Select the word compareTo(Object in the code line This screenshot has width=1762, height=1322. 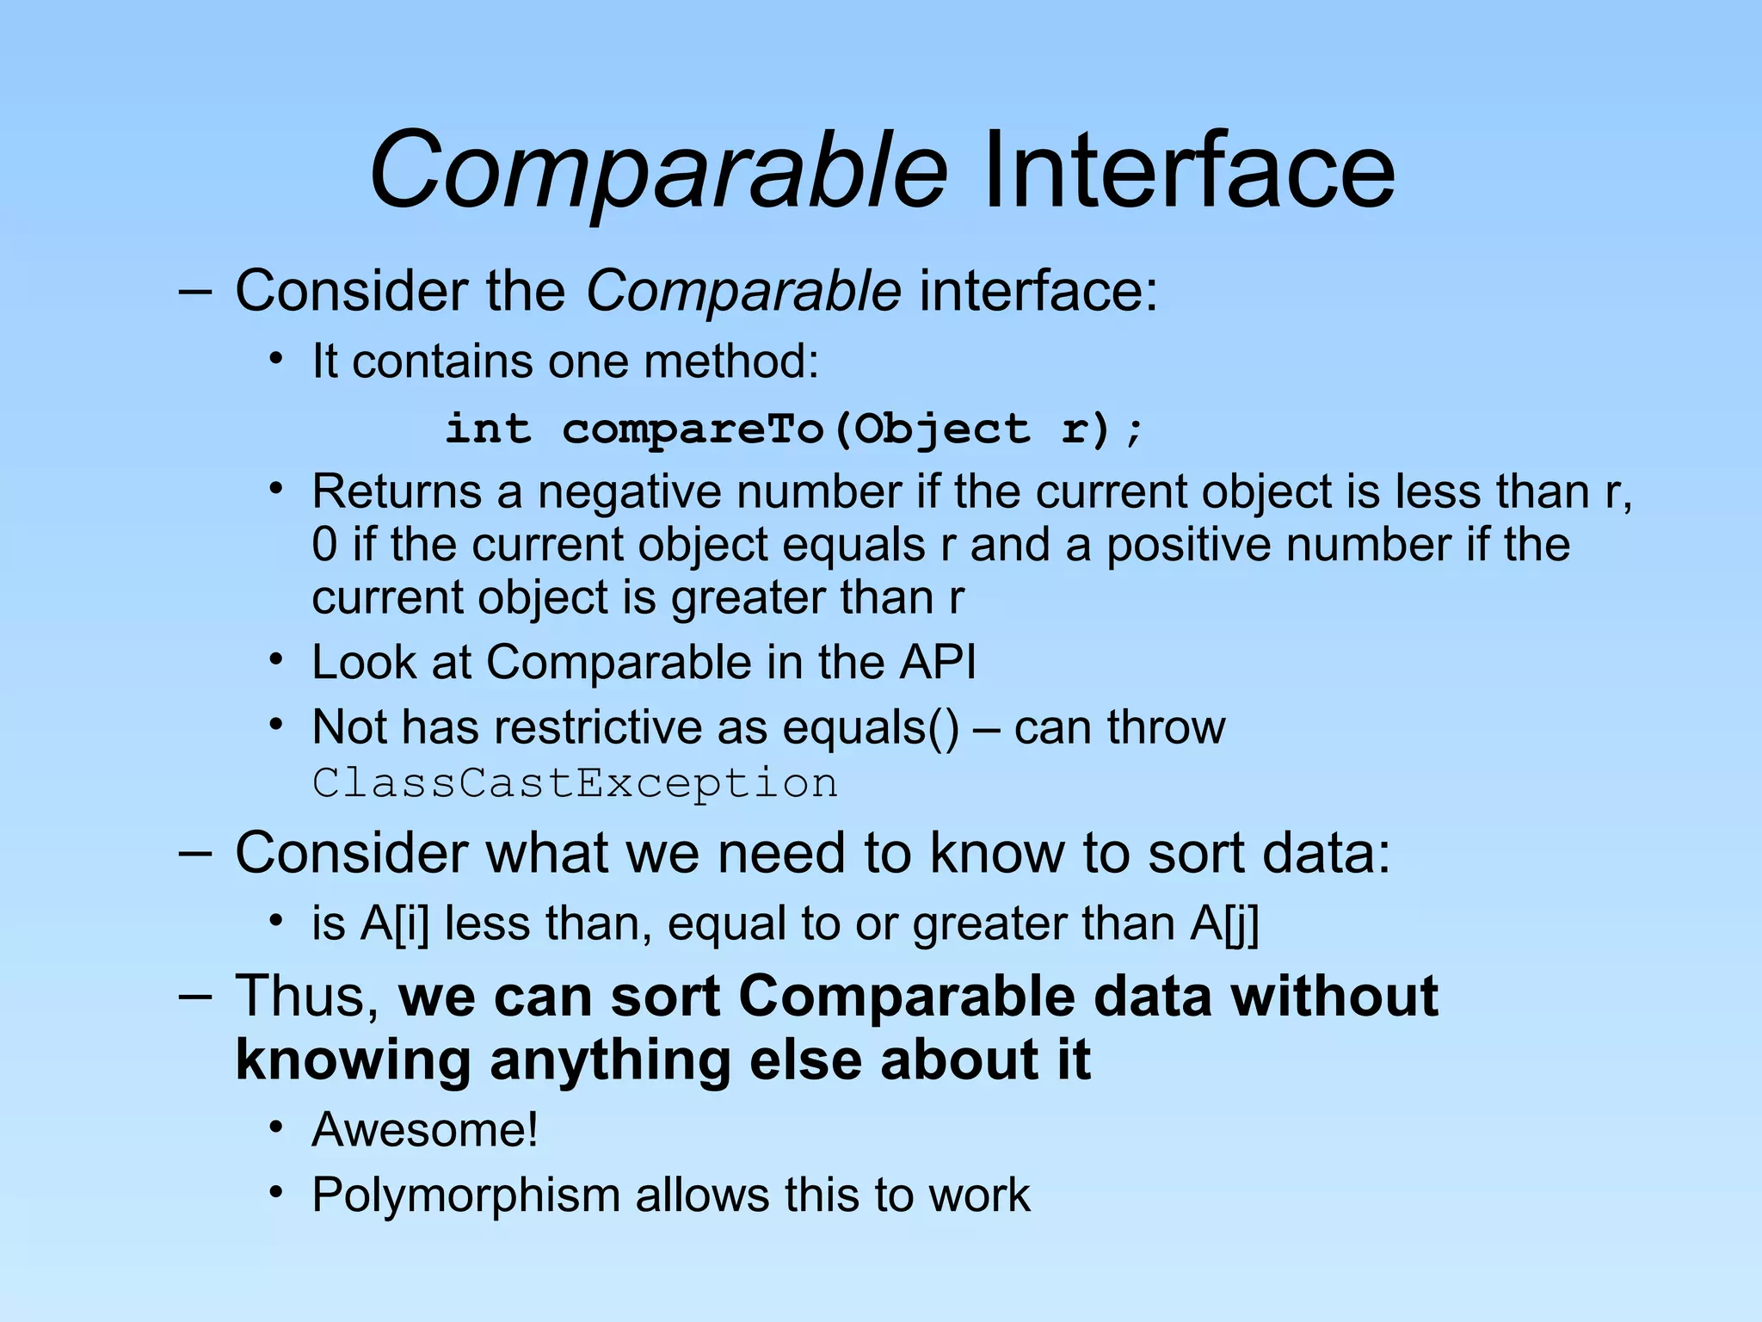pyautogui.click(x=796, y=429)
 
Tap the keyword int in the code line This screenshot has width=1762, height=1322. pyautogui.click(x=488, y=429)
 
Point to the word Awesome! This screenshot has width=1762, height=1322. pyautogui.click(x=425, y=1129)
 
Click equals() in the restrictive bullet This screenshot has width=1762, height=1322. pyautogui.click(x=870, y=727)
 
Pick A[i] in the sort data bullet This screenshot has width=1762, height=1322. pyautogui.click(x=394, y=924)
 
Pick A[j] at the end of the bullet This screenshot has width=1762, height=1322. pyautogui.click(x=1224, y=924)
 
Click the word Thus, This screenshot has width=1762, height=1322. pyautogui.click(x=308, y=997)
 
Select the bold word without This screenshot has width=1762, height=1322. pyautogui.click(x=1334, y=997)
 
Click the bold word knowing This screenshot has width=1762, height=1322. pyautogui.click(x=353, y=1060)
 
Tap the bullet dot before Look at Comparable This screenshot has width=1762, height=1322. pyautogui.click(x=275, y=661)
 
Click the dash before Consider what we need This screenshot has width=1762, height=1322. pyautogui.click(x=195, y=853)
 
